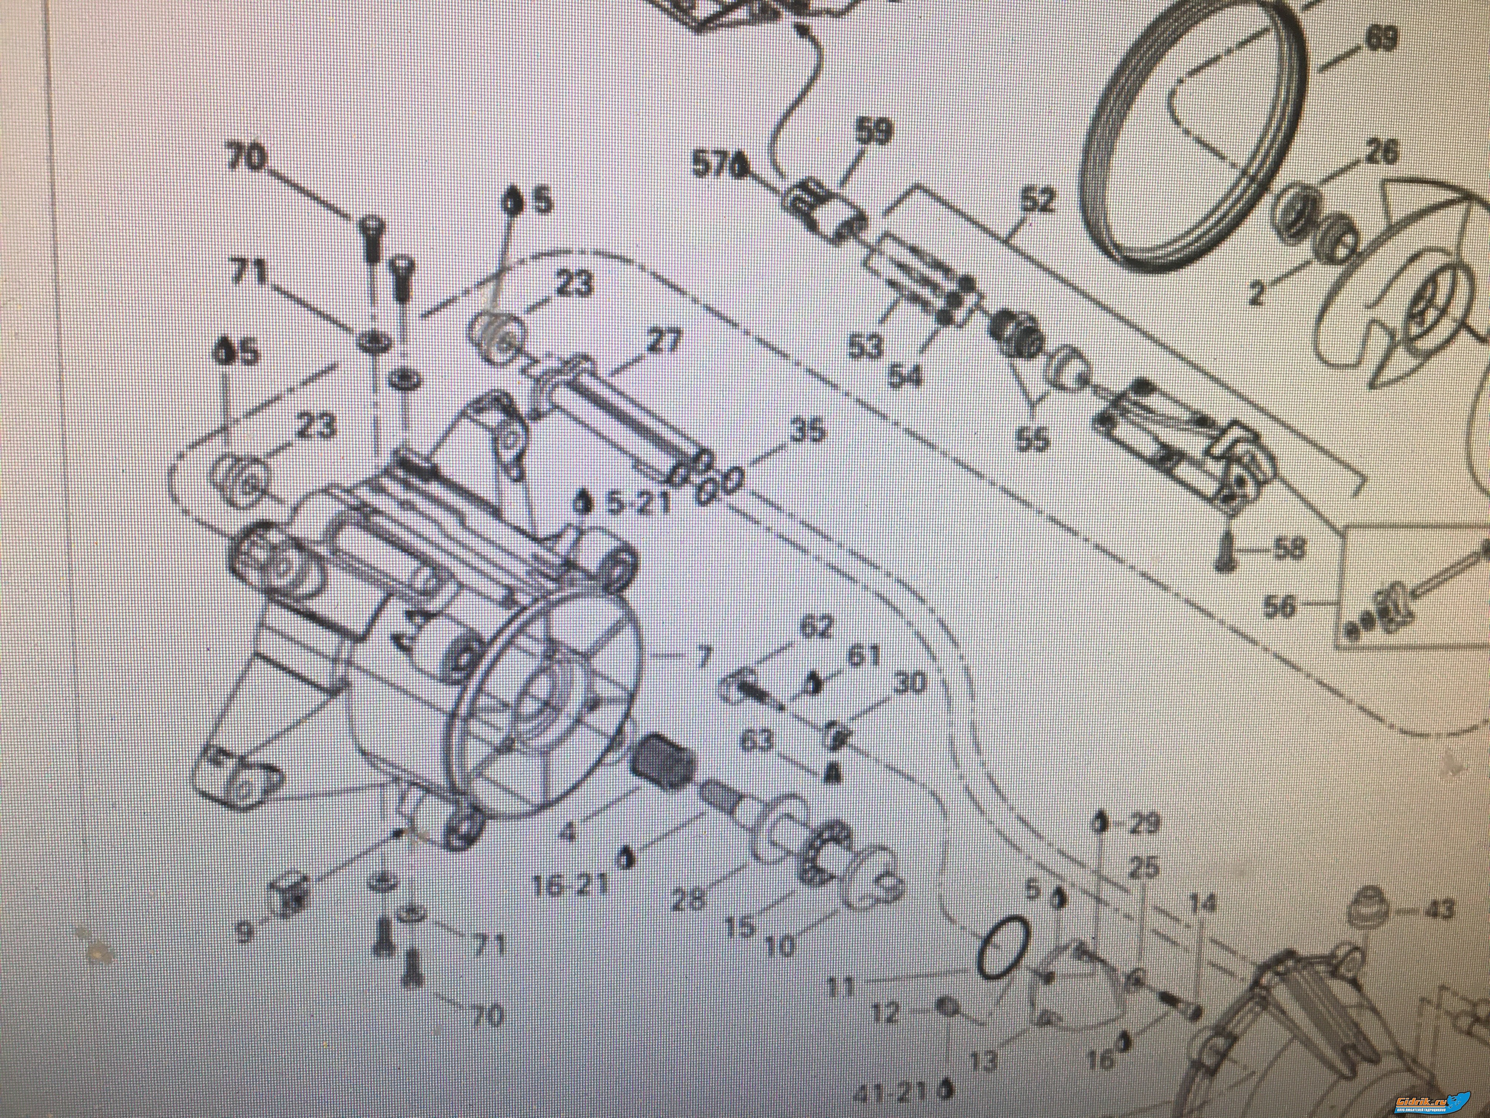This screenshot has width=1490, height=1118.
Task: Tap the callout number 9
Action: (244, 933)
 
